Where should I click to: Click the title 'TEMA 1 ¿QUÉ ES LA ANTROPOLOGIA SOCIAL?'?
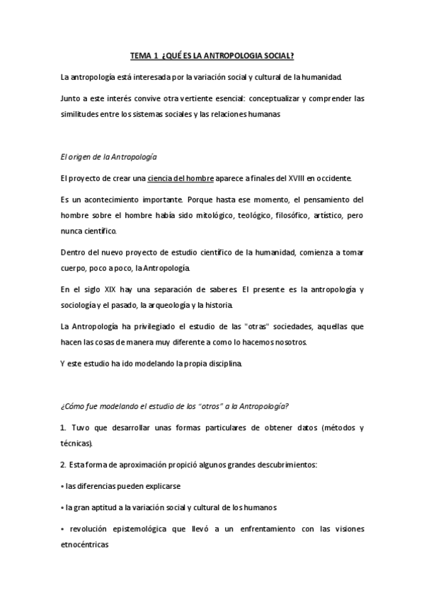click(x=212, y=55)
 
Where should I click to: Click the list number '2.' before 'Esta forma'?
click(x=64, y=465)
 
